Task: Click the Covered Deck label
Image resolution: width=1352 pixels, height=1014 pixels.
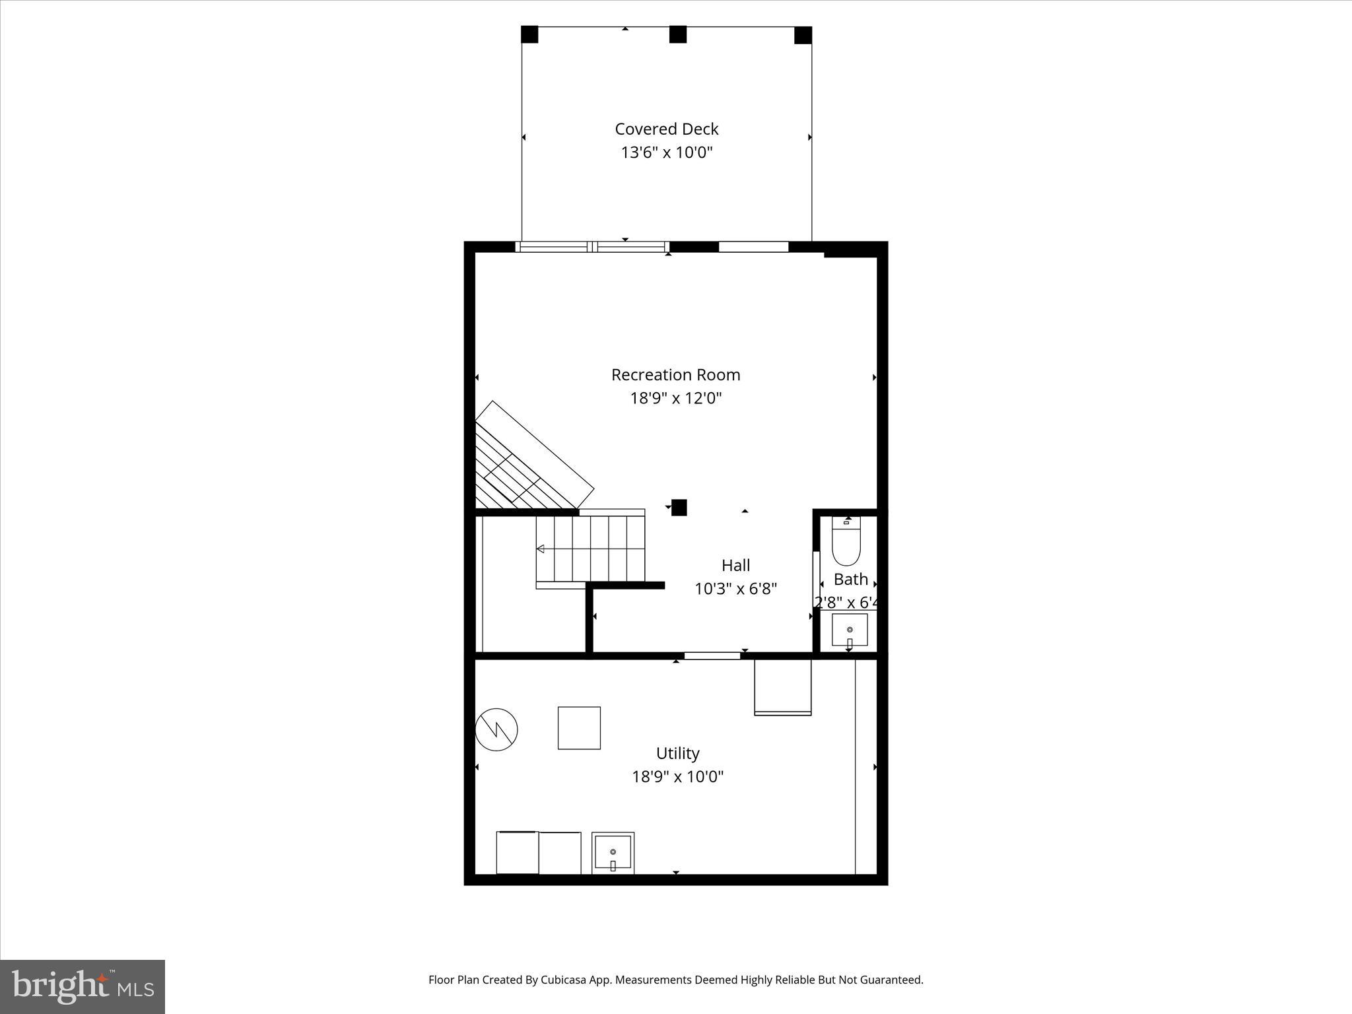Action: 666,129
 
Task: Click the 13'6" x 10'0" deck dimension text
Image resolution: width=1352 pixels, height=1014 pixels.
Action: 666,152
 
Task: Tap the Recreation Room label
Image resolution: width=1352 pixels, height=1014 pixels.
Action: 675,374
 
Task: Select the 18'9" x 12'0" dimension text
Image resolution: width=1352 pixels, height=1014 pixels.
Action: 675,398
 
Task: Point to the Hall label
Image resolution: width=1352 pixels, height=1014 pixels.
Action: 735,565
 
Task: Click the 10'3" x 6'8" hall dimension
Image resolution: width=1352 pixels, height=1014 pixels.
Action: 735,588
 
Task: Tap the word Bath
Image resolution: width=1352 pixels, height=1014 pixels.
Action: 850,579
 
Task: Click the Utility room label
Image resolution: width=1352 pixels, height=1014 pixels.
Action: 677,753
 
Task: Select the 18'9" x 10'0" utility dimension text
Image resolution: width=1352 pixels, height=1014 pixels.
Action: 677,776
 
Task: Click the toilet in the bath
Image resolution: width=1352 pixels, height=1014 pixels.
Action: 846,542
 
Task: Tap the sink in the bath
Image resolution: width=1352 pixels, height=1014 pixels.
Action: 849,631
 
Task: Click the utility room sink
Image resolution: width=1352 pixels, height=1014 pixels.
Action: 613,854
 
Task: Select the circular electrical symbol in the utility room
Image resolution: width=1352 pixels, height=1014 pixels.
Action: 496,729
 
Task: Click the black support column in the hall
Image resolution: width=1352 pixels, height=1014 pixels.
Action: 679,507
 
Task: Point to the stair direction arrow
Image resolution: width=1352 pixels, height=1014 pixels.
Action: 540,549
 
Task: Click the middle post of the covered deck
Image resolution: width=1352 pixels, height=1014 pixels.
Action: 677,34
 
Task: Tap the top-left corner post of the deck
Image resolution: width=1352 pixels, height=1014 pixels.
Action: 529,34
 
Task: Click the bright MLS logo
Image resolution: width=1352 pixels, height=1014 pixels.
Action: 83,986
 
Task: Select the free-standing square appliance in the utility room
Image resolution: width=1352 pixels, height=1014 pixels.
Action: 579,727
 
